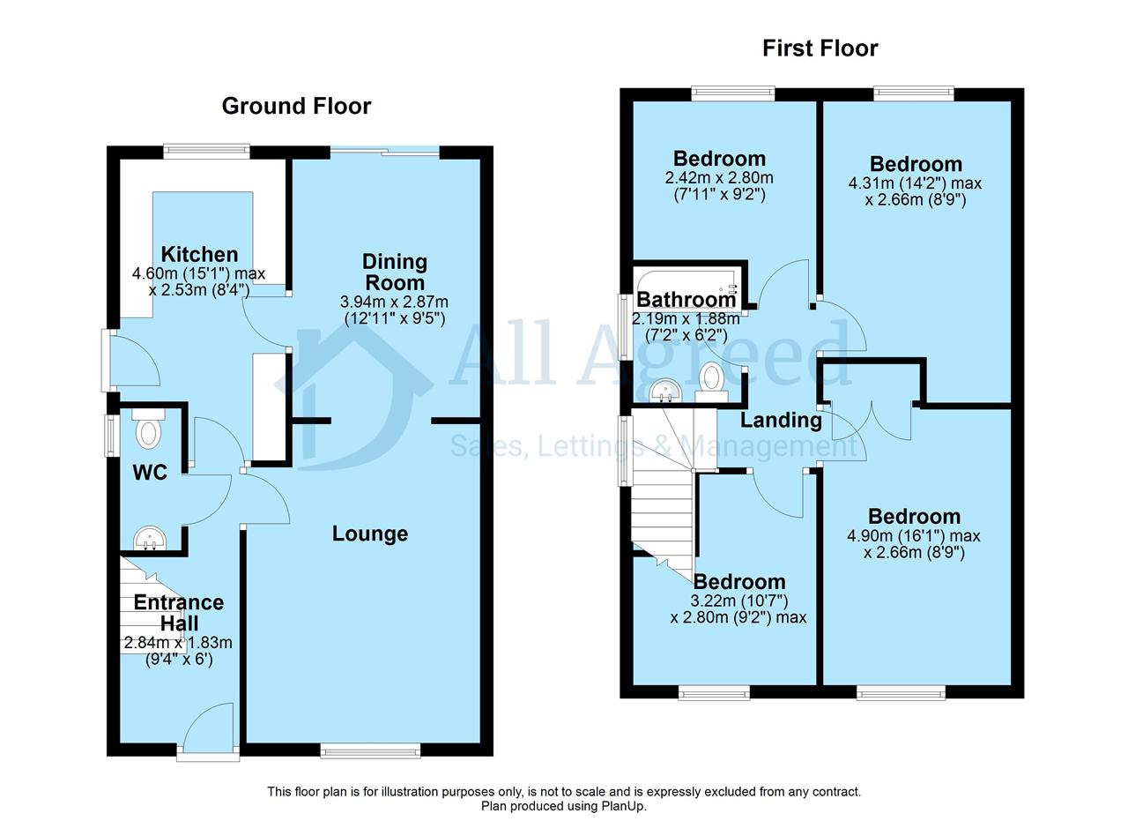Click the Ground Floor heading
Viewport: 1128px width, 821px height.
click(296, 107)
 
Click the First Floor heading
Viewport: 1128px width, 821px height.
click(820, 49)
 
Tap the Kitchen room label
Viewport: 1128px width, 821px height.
click(199, 254)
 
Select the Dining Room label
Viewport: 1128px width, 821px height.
click(395, 272)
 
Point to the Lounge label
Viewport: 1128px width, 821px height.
click(370, 534)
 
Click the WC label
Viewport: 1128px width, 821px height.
click(150, 473)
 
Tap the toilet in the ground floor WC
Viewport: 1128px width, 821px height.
click(149, 429)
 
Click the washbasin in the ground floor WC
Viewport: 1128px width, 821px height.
click(150, 538)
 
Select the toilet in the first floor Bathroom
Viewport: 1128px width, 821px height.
click(711, 383)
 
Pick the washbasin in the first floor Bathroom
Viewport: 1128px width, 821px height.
click(665, 391)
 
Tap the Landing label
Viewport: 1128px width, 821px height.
click(781, 420)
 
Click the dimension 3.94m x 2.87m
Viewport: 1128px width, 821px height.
click(394, 302)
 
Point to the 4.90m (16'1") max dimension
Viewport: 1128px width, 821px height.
click(914, 535)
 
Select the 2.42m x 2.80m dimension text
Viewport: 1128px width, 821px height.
click(719, 177)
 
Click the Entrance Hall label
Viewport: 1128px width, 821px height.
click(179, 612)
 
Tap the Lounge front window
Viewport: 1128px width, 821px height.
click(370, 751)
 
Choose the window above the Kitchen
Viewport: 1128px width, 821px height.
click(206, 151)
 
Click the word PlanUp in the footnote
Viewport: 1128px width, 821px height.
click(625, 805)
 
